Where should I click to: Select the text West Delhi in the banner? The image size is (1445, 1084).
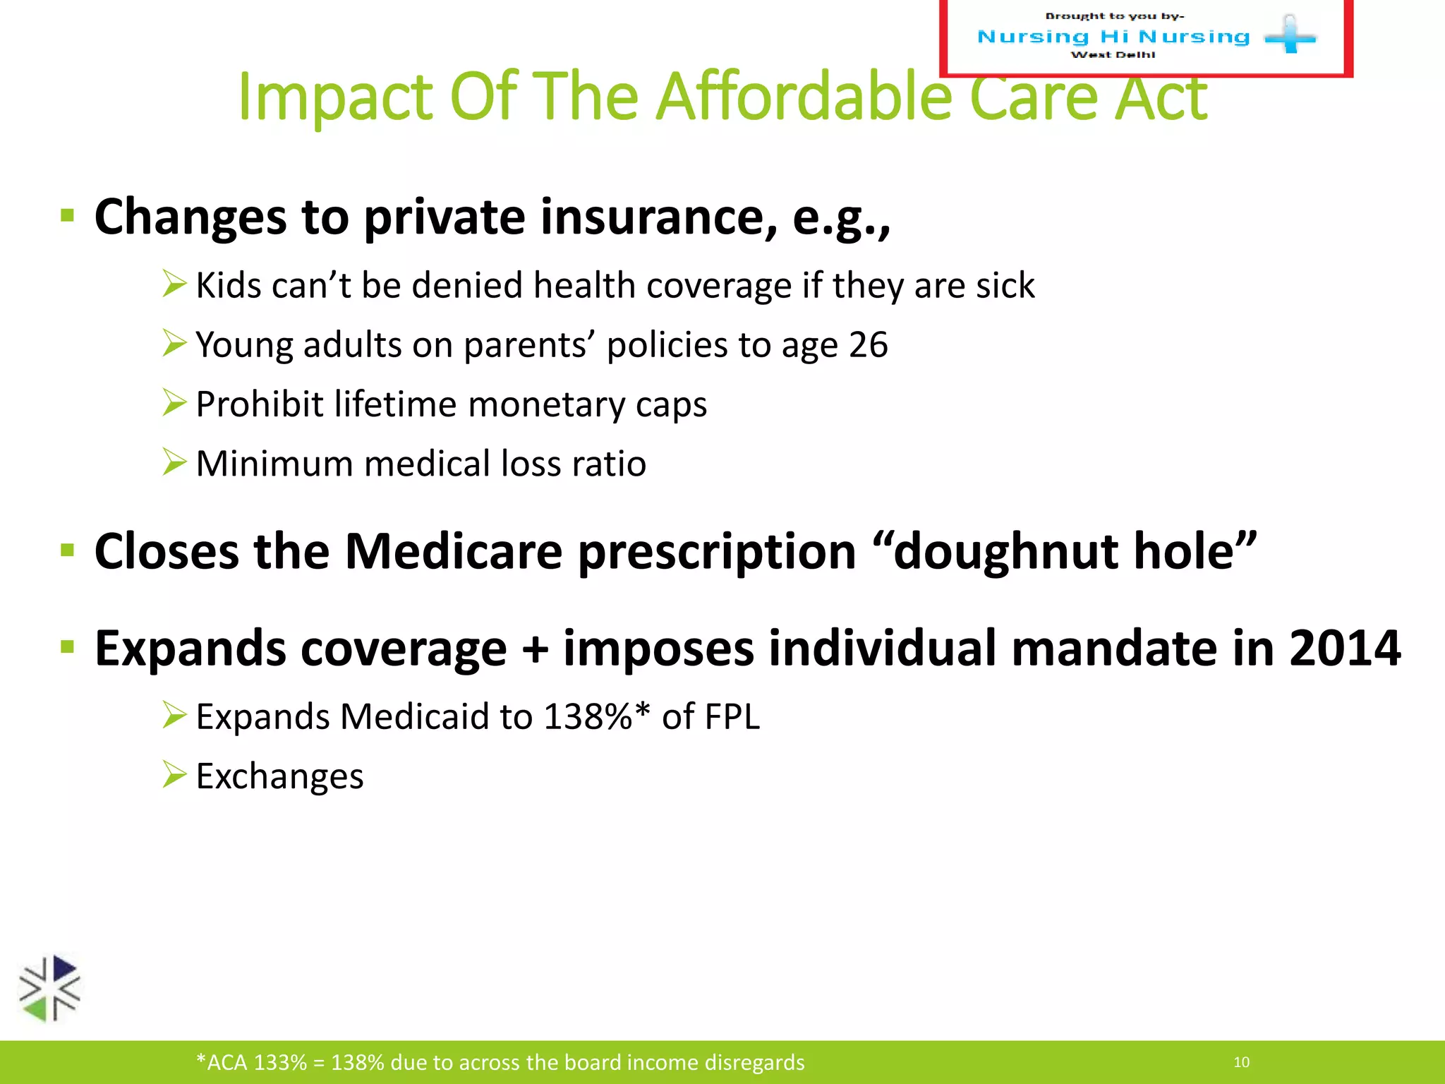[x=1113, y=55]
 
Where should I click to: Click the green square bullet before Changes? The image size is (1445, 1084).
[x=68, y=216]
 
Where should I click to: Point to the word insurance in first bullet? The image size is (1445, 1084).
[x=659, y=217]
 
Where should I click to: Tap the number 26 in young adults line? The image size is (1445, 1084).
[x=868, y=345]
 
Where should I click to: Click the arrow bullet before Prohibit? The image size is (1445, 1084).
[x=174, y=403]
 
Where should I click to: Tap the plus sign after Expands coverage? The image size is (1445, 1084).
[x=535, y=649]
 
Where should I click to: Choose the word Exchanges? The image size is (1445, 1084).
[x=279, y=776]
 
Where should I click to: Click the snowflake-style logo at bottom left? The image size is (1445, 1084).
[x=49, y=989]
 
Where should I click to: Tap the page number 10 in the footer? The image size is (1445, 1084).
[x=1241, y=1062]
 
